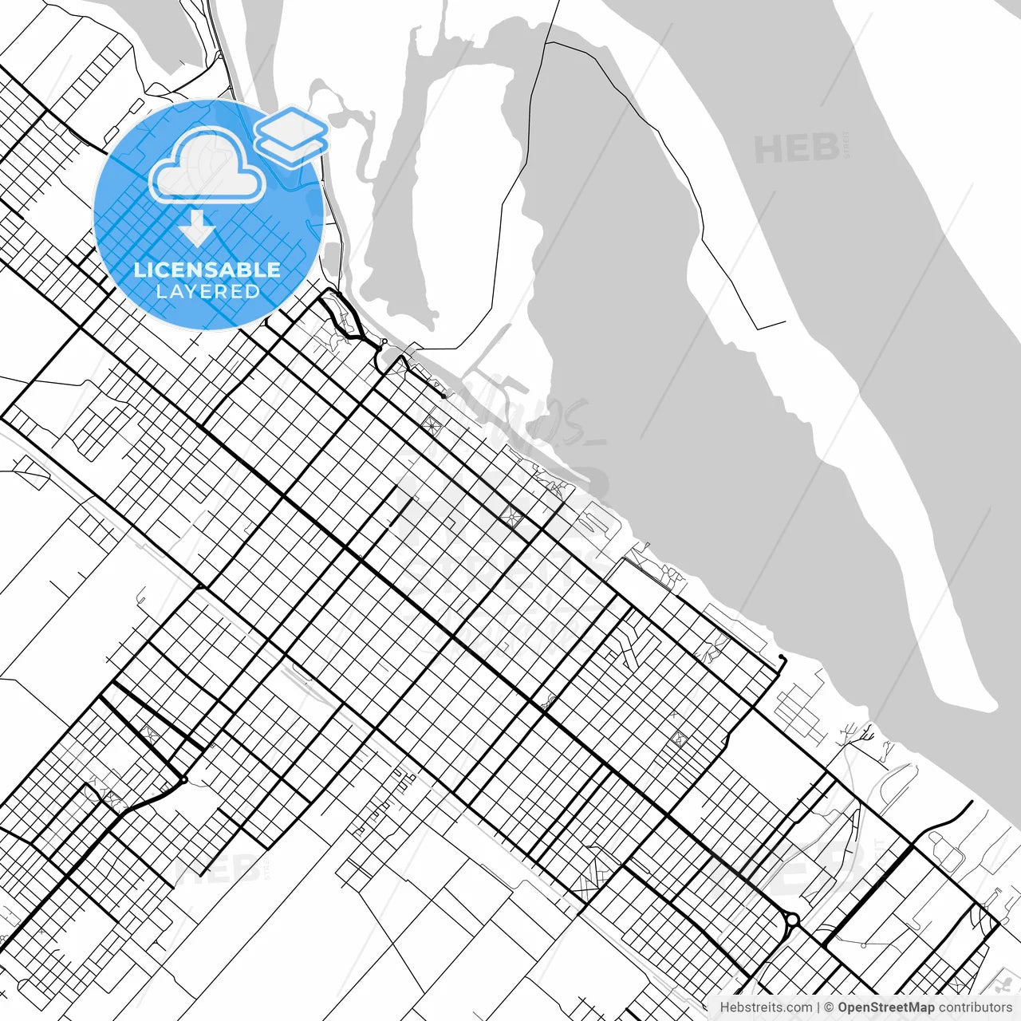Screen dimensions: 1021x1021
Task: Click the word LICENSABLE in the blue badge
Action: click(207, 270)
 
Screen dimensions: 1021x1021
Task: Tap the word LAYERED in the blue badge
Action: click(207, 291)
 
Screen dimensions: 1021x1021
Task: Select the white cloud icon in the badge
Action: click(207, 165)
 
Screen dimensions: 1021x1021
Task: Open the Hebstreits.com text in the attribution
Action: click(766, 1007)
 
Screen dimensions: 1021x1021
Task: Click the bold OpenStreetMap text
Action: click(885, 1007)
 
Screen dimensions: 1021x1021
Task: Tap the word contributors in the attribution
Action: click(975, 1007)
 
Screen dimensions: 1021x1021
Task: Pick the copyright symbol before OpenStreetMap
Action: click(830, 1007)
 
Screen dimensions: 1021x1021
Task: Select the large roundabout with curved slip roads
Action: click(792, 920)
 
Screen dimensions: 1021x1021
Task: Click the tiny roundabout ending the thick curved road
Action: click(184, 780)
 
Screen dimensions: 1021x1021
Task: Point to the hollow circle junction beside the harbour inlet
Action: click(384, 342)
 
